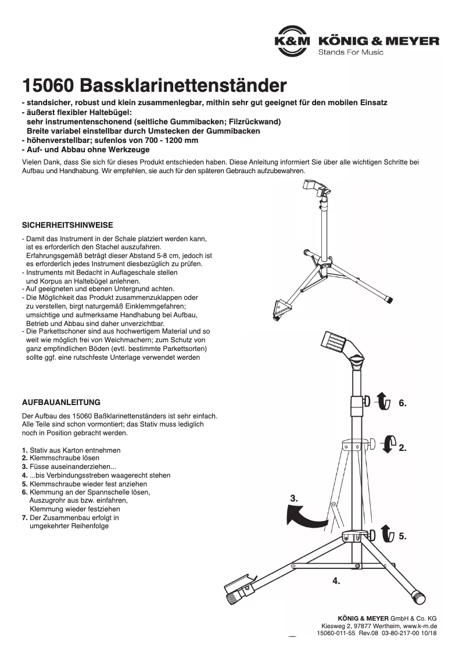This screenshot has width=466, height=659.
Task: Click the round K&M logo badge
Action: coord(293,42)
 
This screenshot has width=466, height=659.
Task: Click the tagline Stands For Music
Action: coord(350,52)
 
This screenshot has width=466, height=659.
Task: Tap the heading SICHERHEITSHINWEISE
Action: coord(67,224)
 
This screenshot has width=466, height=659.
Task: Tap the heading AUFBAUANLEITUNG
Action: coord(61,402)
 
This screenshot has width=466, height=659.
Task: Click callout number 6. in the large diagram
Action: coord(403,403)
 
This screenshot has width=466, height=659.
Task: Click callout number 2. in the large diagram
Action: coord(403,448)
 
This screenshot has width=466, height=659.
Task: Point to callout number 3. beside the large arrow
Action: coord(295,498)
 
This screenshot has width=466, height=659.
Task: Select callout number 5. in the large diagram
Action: coord(403,536)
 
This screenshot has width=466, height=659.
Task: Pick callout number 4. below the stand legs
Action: coord(336,580)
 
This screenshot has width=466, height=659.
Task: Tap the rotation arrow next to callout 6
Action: coord(381,402)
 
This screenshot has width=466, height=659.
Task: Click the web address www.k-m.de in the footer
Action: coord(420,626)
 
